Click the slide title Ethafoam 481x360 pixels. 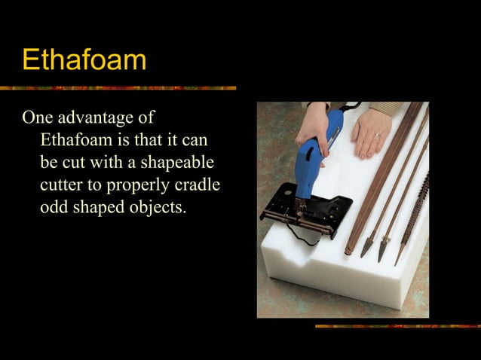84,59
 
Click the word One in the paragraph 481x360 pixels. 38,118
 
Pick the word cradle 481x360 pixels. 200,185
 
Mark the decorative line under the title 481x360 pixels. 118,88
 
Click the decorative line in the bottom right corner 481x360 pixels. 397,326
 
